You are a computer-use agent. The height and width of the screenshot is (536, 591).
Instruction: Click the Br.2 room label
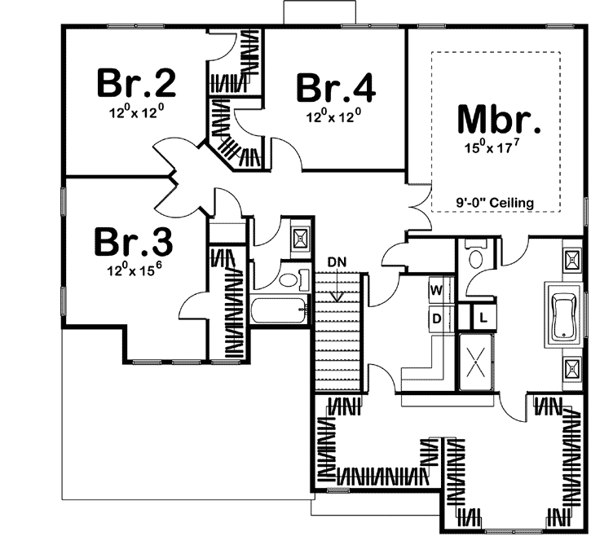[x=137, y=82]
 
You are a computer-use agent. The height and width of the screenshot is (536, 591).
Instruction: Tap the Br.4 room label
[x=335, y=88]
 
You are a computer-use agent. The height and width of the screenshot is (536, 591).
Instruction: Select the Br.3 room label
[x=132, y=241]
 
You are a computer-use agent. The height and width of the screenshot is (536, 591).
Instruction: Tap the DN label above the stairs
[x=337, y=261]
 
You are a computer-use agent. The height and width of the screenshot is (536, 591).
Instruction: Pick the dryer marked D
[x=435, y=319]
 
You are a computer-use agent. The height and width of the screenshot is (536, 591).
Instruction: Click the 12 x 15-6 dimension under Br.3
[x=131, y=270]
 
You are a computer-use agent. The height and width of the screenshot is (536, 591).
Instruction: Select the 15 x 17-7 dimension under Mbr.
[x=498, y=149]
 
